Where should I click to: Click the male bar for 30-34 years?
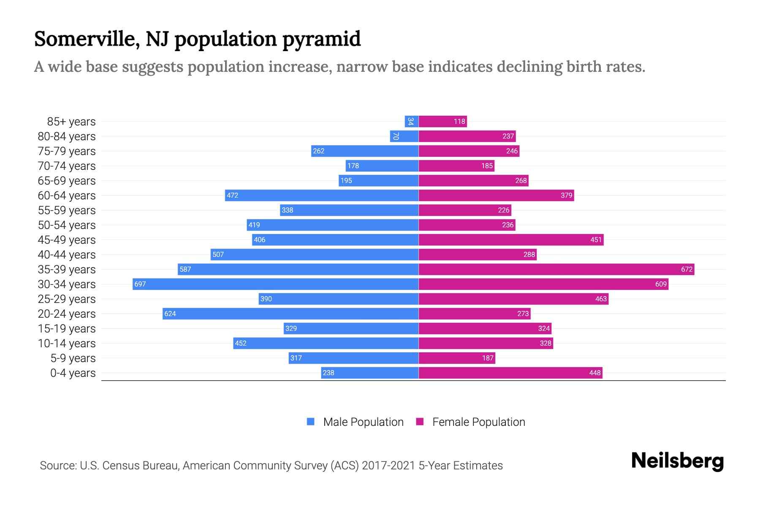[275, 284]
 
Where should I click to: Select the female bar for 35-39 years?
[556, 269]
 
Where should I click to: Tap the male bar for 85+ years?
[412, 121]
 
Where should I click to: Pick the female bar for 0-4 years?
[510, 373]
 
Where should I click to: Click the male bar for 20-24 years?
[290, 313]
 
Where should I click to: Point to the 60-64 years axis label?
[67, 196]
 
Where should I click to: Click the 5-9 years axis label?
[73, 358]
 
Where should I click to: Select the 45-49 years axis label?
[67, 240]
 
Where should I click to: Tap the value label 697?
[140, 284]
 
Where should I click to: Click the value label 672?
[687, 270]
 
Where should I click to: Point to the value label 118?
[459, 122]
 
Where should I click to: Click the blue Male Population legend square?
[311, 422]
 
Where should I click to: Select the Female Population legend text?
[478, 422]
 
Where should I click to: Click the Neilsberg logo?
[677, 461]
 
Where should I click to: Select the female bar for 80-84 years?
[467, 136]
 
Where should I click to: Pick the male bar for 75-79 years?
[365, 151]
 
